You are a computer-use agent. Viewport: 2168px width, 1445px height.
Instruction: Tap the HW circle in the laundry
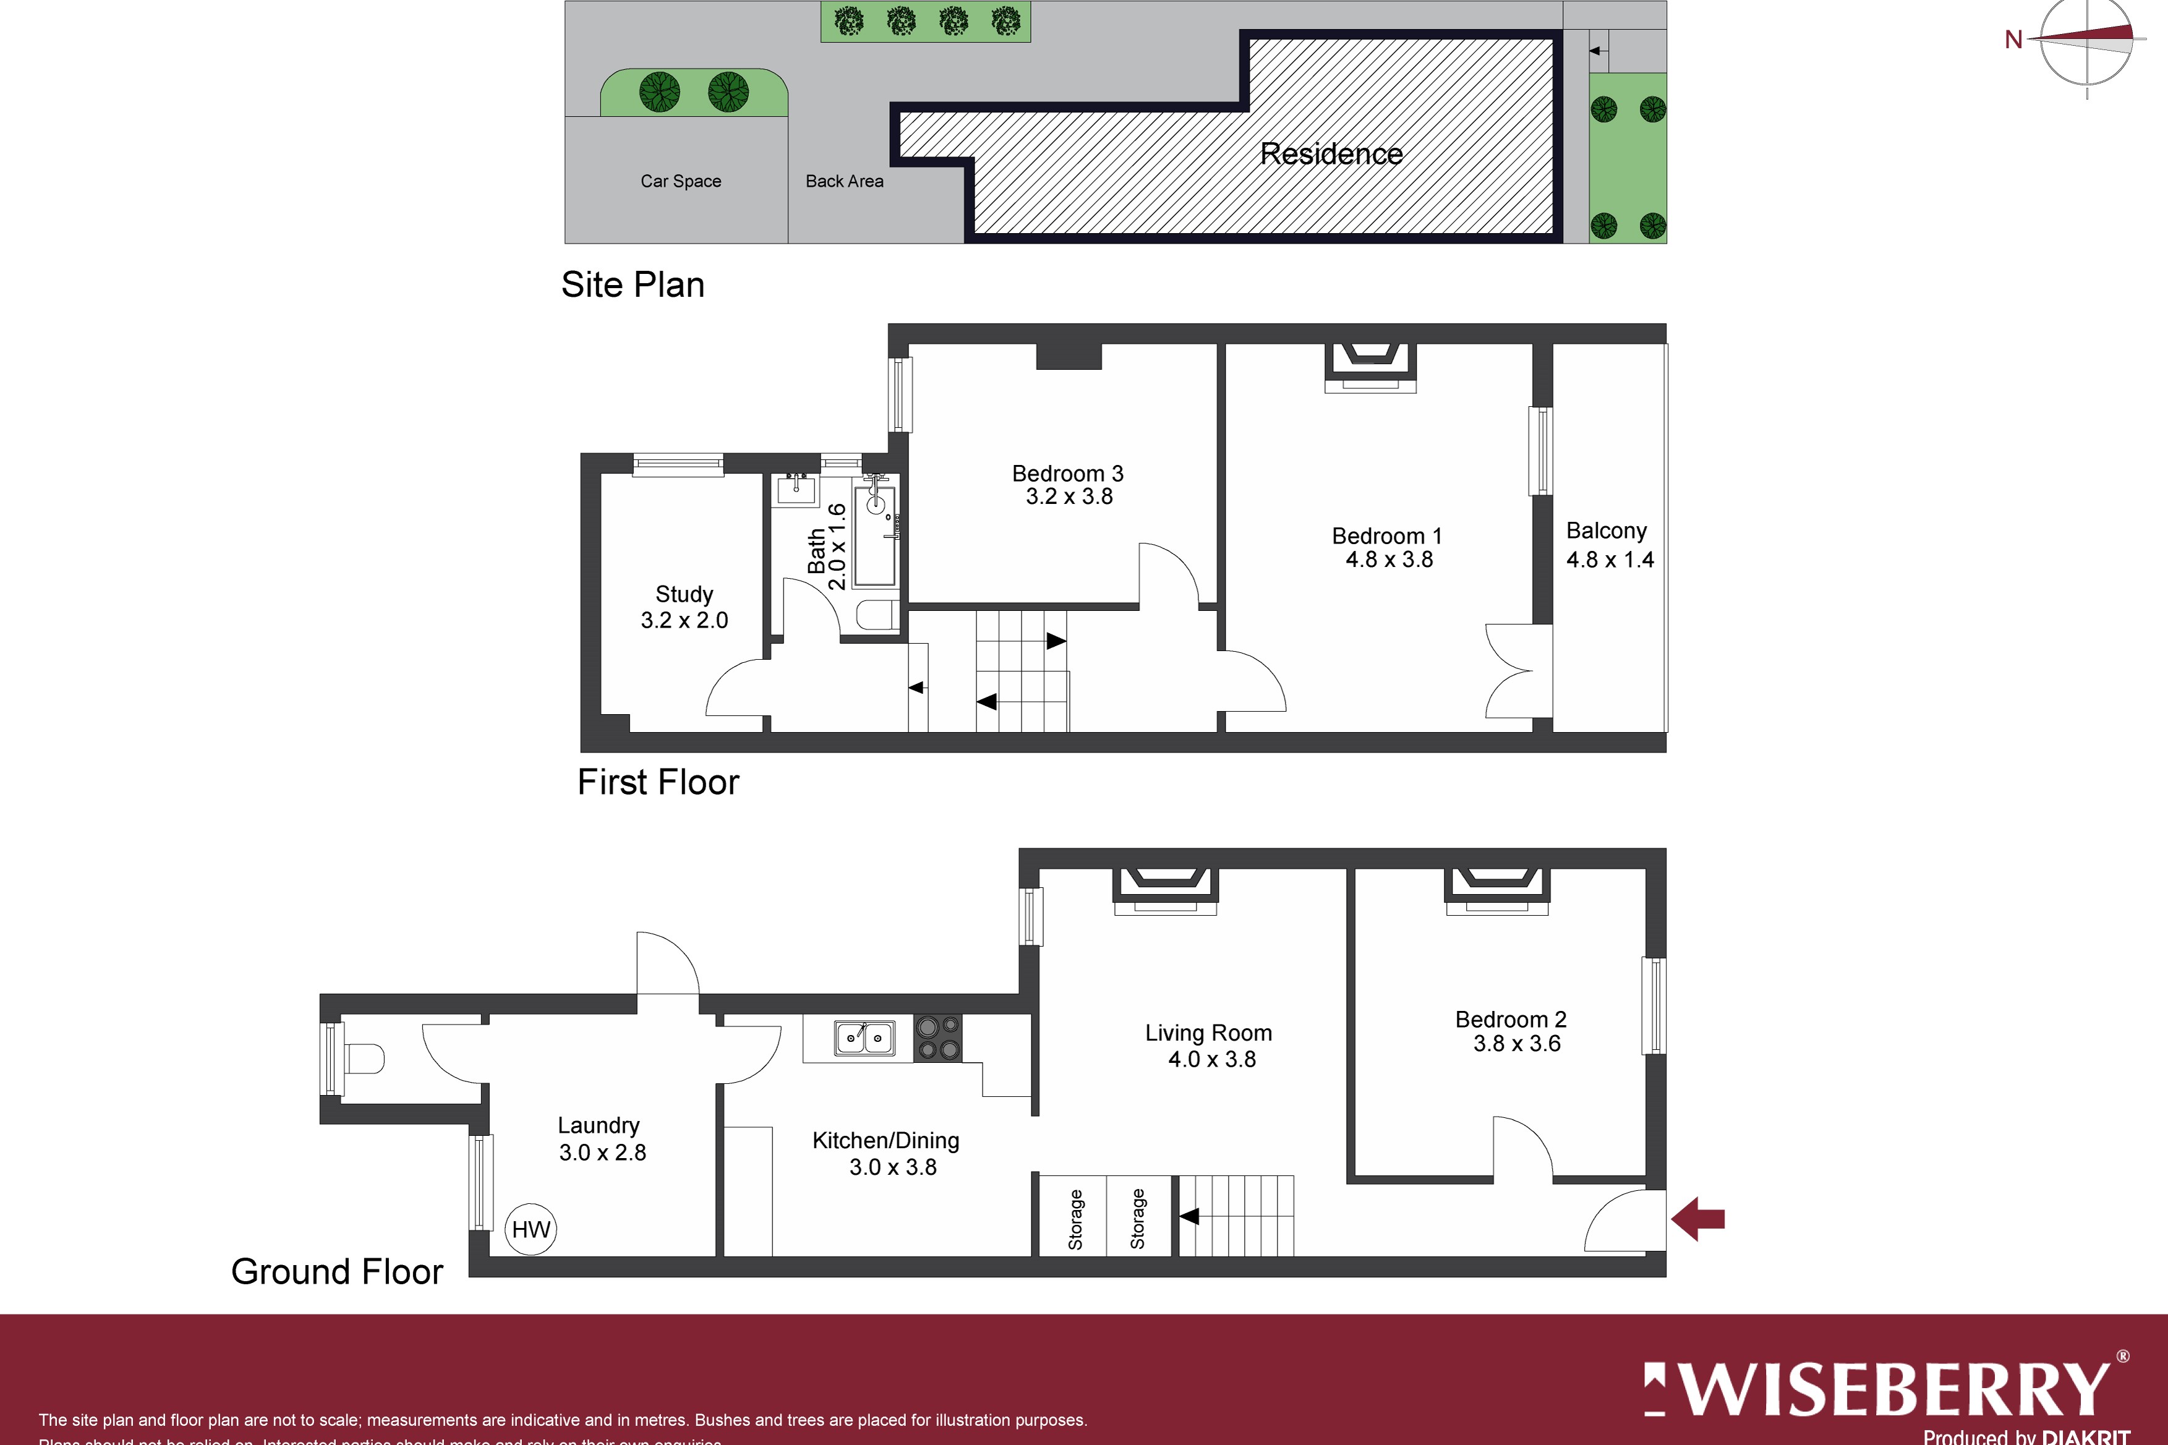[x=531, y=1229]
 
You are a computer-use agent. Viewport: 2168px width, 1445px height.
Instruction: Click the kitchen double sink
[x=864, y=1037]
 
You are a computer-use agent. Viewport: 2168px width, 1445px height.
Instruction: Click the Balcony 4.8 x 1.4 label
[x=1609, y=545]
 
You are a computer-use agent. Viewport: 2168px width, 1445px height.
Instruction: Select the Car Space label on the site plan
[x=680, y=181]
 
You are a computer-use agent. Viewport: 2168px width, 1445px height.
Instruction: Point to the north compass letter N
[x=2013, y=40]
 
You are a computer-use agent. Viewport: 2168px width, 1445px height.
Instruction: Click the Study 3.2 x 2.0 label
[x=684, y=607]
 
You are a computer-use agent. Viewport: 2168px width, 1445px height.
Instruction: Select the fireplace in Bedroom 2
[x=1496, y=889]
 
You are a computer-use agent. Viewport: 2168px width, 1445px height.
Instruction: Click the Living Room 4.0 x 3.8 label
[x=1209, y=1045]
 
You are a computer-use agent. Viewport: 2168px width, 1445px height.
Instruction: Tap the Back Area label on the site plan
[x=844, y=181]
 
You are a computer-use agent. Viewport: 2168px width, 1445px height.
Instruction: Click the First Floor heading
[x=658, y=782]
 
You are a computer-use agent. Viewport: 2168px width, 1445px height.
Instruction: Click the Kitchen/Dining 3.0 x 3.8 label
[x=886, y=1153]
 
